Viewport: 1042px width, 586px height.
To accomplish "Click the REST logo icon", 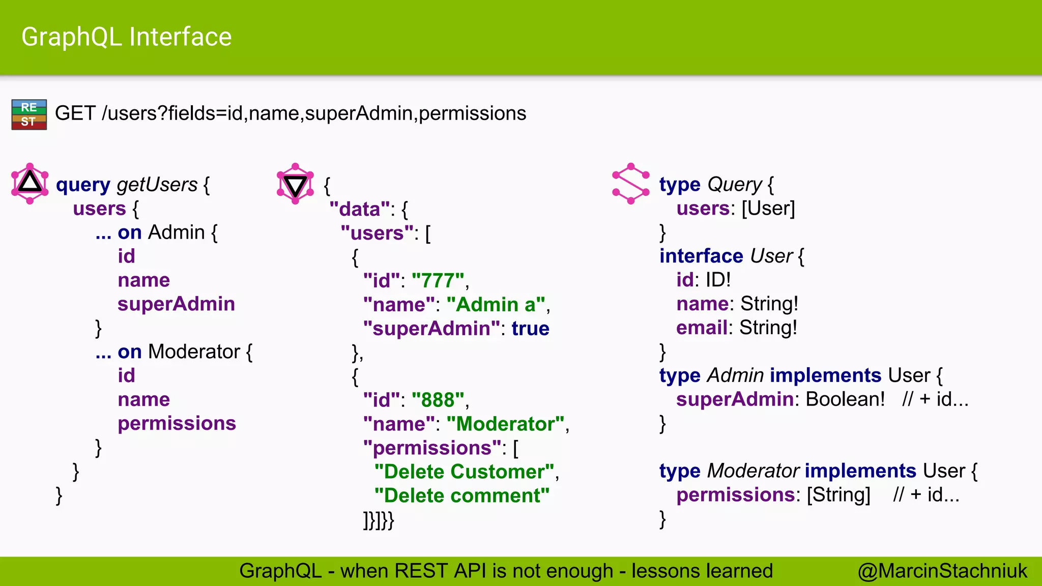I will click(29, 114).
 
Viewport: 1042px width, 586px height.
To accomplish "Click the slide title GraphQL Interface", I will click(126, 37).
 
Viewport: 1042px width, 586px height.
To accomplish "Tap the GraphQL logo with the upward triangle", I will click(30, 183).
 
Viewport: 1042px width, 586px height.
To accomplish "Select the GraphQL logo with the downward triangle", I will click(295, 184).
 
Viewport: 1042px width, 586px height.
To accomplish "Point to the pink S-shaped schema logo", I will click(631, 184).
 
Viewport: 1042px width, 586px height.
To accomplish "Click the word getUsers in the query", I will click(157, 185).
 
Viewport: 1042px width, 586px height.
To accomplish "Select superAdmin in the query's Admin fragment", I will click(176, 304).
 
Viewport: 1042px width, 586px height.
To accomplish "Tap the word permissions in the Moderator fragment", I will click(177, 423).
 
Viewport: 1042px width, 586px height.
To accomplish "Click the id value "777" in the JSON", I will click(438, 281).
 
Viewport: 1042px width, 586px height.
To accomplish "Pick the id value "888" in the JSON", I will click(438, 400).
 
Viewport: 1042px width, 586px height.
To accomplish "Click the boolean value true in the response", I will click(530, 329).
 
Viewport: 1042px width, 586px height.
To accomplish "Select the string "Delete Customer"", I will click(464, 472).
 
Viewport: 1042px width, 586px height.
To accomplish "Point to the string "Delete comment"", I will click(461, 496).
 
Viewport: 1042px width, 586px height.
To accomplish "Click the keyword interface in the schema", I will click(701, 256).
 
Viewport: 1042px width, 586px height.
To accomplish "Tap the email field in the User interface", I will click(702, 328).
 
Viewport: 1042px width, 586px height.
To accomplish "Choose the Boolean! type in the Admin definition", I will click(845, 399).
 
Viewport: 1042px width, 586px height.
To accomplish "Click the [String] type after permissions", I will click(838, 495).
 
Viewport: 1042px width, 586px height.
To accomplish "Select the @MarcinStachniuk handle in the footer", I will click(942, 571).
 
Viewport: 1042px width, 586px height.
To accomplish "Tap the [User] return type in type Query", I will click(768, 209).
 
